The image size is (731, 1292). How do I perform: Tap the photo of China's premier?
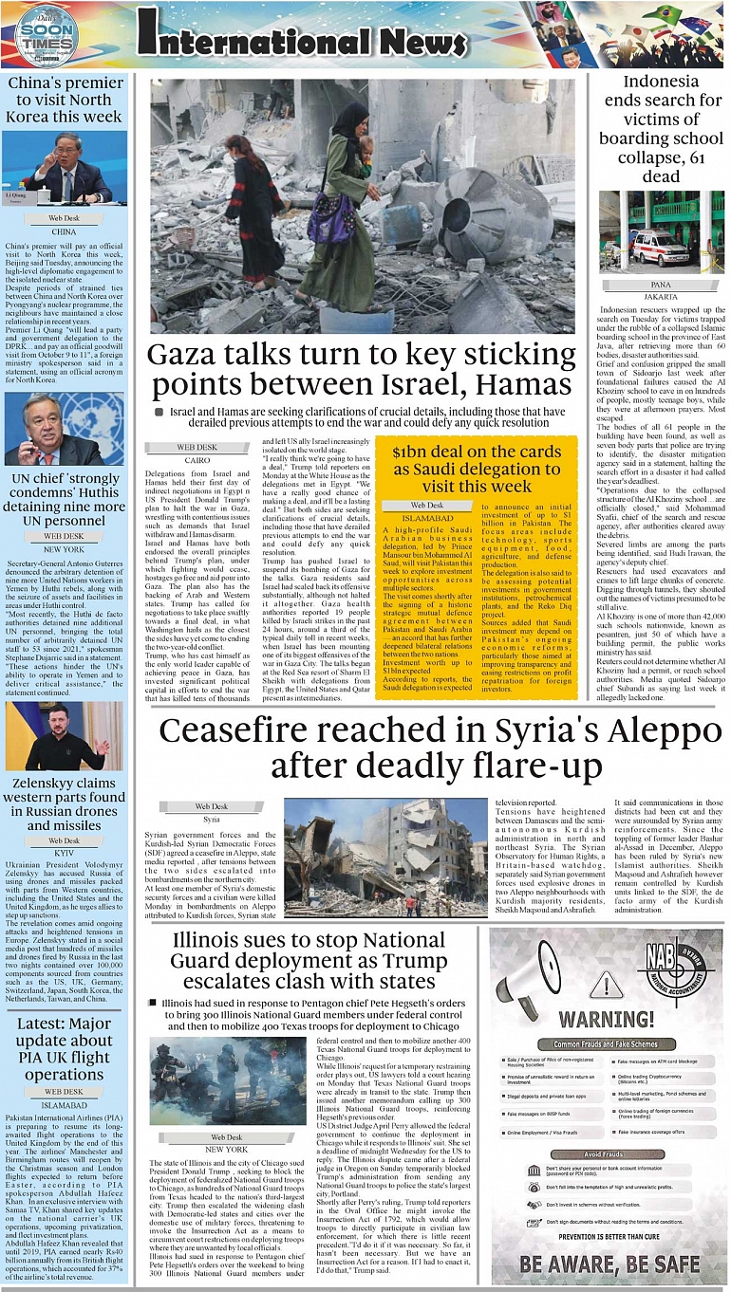[x=65, y=169]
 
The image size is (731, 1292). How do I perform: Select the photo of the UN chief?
[x=65, y=429]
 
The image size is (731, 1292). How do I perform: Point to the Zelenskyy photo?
[x=65, y=735]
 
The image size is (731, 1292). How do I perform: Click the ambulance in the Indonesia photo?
[x=659, y=247]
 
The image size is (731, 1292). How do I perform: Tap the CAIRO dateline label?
[x=197, y=459]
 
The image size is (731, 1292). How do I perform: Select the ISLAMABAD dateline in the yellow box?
[x=427, y=519]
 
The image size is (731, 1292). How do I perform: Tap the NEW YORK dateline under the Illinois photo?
[x=226, y=1149]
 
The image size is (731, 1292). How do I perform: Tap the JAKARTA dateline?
[x=661, y=297]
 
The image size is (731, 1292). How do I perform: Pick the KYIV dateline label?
[x=65, y=854]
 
